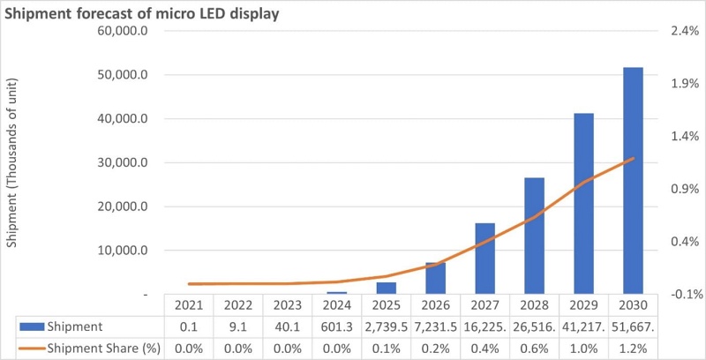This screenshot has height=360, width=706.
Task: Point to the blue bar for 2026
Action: click(435, 278)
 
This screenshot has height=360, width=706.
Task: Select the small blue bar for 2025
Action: click(387, 288)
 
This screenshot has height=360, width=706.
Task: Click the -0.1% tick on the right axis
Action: click(669, 294)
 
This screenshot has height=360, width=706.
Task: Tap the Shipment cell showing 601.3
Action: click(336, 326)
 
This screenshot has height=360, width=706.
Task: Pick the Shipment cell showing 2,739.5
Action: click(386, 326)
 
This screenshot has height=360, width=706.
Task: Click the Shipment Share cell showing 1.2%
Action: click(633, 348)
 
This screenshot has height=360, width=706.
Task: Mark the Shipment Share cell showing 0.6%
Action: click(534, 348)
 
